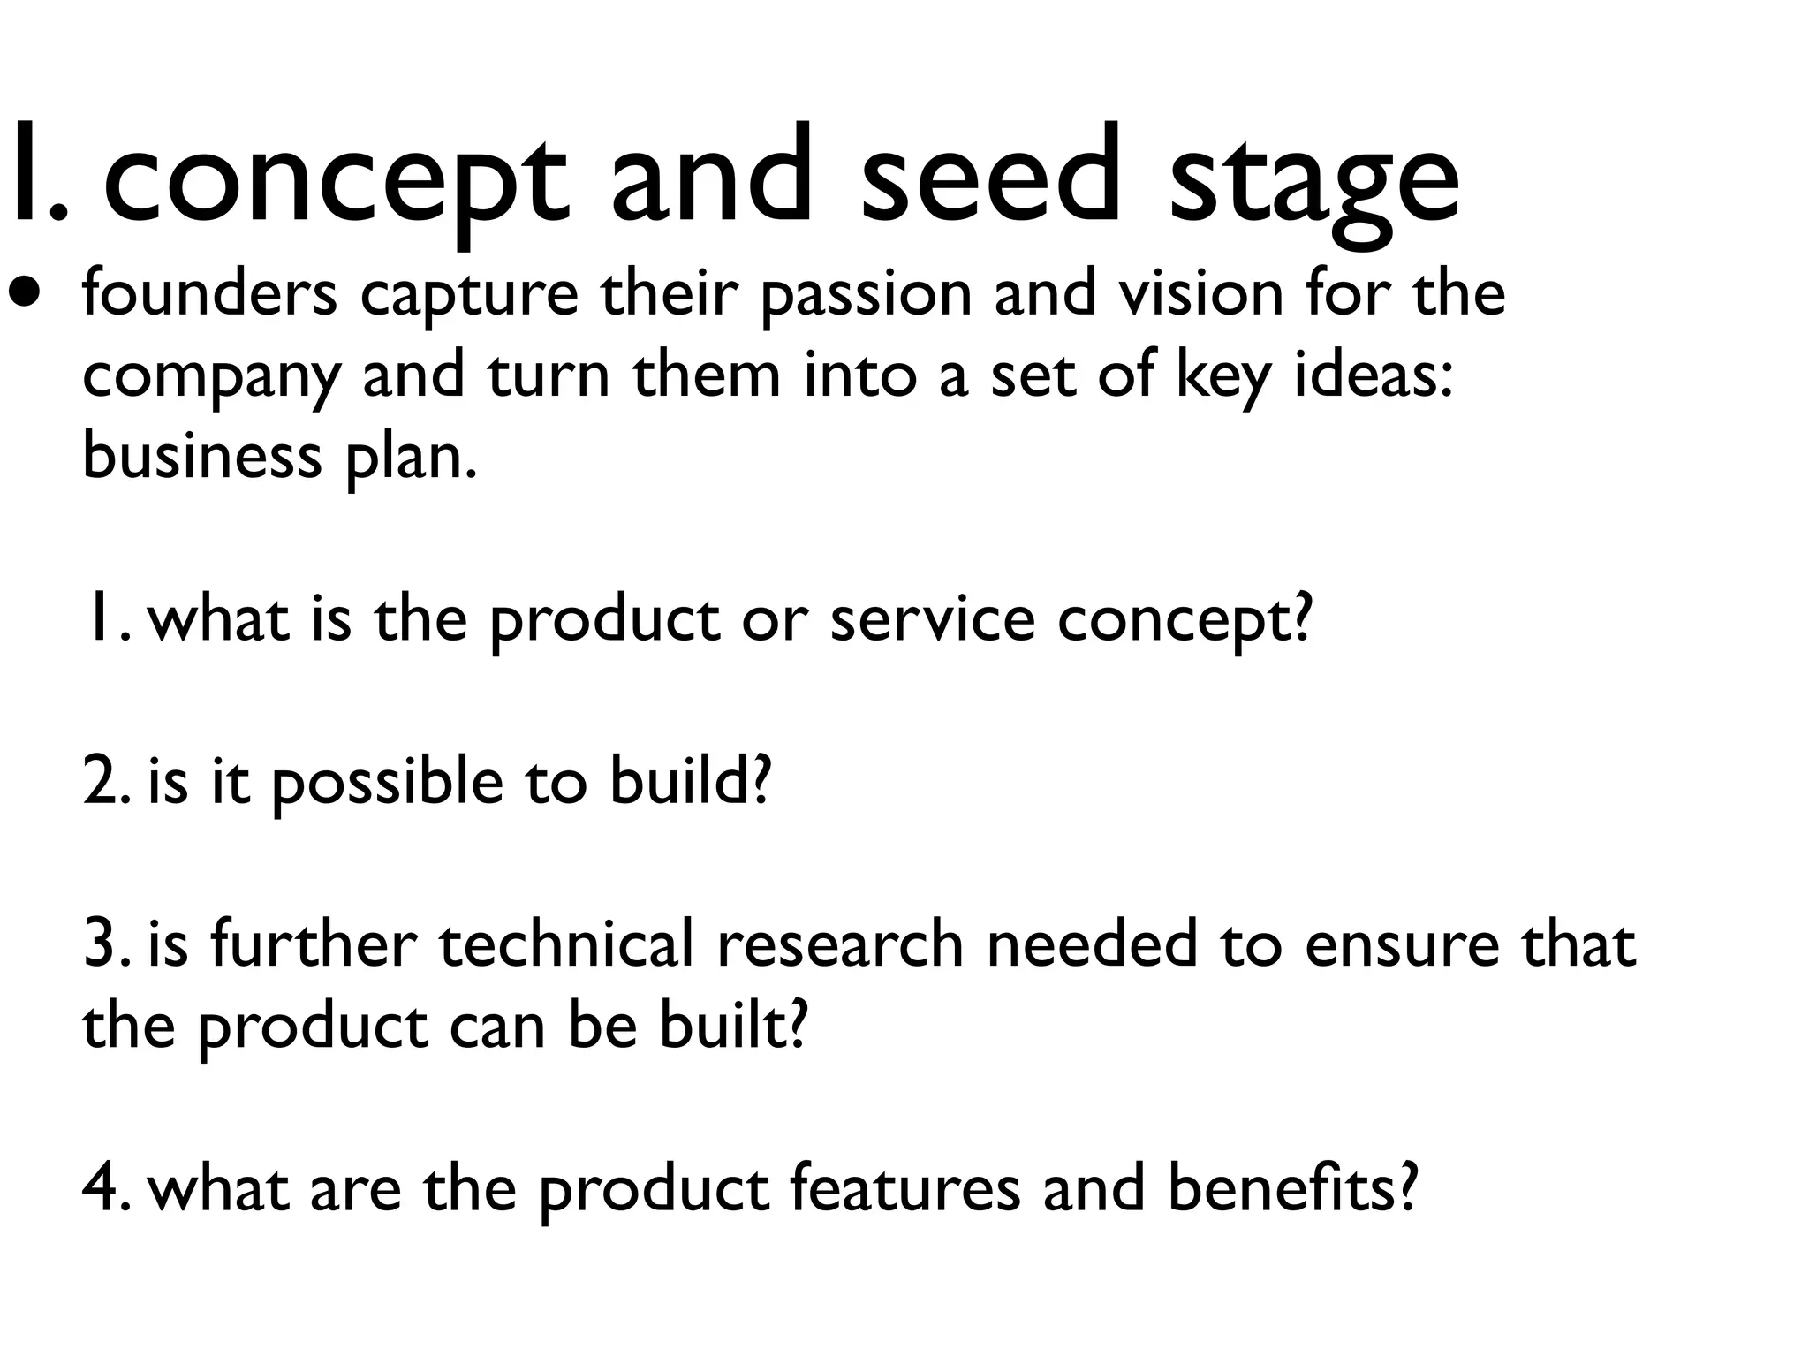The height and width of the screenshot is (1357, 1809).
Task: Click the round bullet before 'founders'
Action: point(26,292)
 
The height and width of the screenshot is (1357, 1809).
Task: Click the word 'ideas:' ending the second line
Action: point(1374,375)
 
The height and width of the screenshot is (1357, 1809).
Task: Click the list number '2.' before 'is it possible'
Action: point(106,782)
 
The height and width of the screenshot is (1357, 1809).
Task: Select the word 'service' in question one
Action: point(932,619)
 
